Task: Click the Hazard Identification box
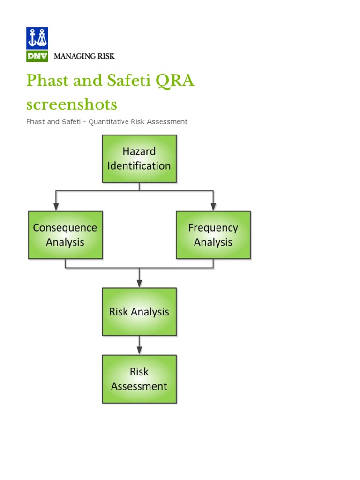pyautogui.click(x=139, y=158)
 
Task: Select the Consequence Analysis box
pyautogui.click(x=65, y=235)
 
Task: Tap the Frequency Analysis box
pyautogui.click(x=213, y=235)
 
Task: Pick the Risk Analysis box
pyautogui.click(x=139, y=312)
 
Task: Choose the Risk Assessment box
pyautogui.click(x=139, y=379)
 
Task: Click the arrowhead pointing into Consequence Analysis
pyautogui.click(x=56, y=206)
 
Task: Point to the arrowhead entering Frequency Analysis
pyautogui.click(x=213, y=206)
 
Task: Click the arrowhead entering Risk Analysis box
pyautogui.click(x=139, y=283)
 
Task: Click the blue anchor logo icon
pyautogui.click(x=37, y=38)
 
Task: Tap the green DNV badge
pyautogui.click(x=37, y=56)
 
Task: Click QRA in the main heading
pyautogui.click(x=174, y=81)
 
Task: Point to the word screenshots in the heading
pyautogui.click(x=72, y=104)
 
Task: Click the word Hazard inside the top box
pyautogui.click(x=139, y=151)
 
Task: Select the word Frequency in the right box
pyautogui.click(x=213, y=228)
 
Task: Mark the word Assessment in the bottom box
pyautogui.click(x=139, y=386)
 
